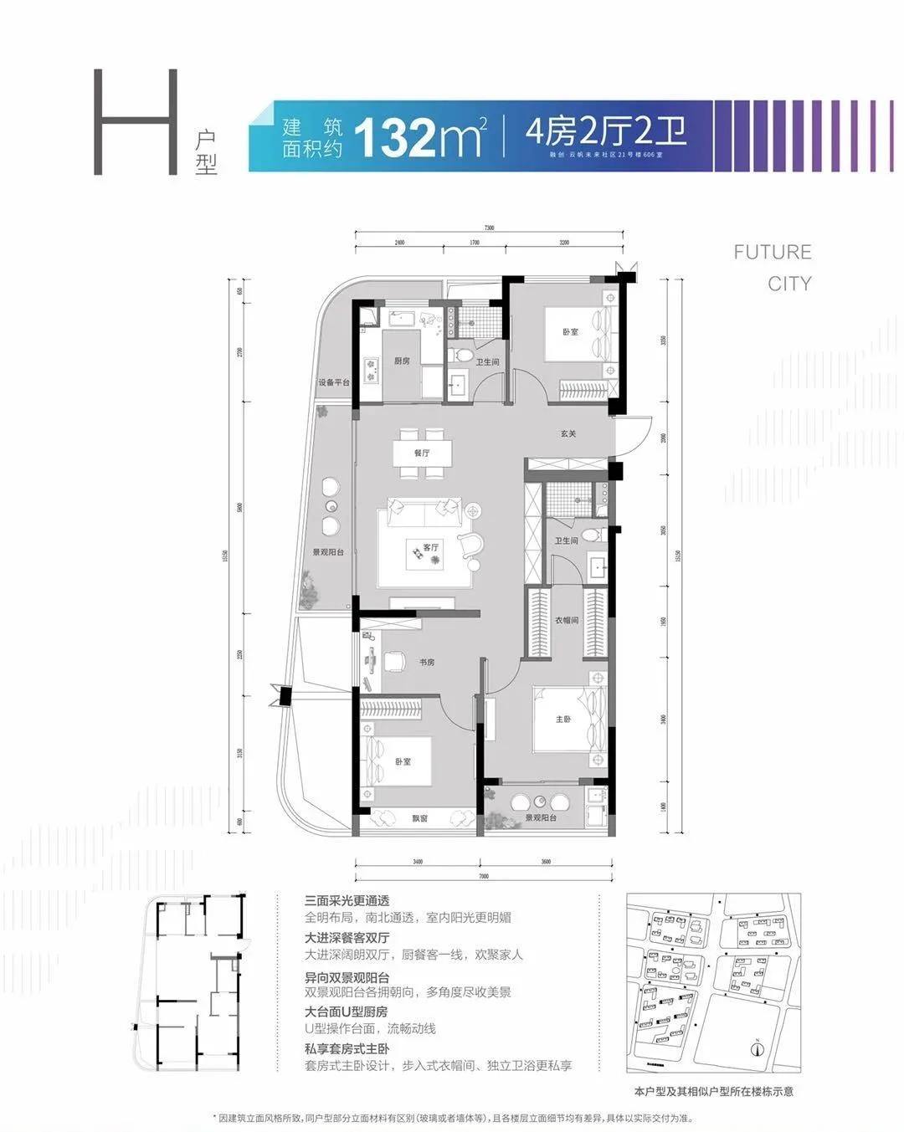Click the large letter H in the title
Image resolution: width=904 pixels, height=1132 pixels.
[136, 122]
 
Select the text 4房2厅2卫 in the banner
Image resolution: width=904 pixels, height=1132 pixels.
[605, 132]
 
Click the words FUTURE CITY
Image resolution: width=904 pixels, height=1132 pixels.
[772, 268]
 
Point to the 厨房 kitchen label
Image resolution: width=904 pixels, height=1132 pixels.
[402, 361]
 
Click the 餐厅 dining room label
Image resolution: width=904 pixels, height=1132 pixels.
[421, 453]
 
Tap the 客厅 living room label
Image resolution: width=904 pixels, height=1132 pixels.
[430, 547]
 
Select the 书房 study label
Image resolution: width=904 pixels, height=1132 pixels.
[427, 662]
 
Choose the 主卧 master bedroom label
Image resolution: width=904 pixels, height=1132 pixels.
[563, 719]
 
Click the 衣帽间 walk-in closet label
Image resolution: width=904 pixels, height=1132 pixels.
[566, 621]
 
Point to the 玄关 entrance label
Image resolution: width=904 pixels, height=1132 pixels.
[568, 433]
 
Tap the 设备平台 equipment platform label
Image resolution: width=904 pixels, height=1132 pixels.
[333, 382]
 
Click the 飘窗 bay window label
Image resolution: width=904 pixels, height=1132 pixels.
[419, 818]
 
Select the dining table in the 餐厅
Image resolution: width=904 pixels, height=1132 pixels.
[423, 453]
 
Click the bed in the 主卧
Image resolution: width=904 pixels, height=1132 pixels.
[569, 720]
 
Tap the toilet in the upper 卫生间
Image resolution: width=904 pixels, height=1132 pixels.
[460, 355]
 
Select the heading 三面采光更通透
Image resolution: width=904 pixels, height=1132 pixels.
[347, 901]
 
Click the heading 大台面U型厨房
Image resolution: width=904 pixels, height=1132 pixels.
[347, 1012]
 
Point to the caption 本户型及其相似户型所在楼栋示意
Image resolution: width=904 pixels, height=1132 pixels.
[714, 1091]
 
